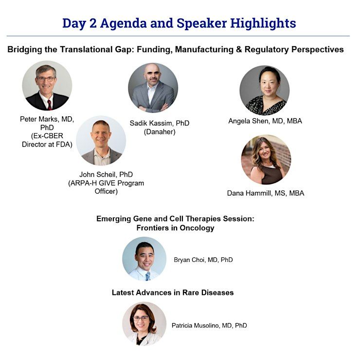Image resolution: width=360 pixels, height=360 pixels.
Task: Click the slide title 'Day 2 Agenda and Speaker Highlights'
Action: click(x=179, y=23)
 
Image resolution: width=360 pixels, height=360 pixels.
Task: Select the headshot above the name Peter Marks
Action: click(x=47, y=86)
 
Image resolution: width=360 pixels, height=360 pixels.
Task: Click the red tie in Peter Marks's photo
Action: click(x=50, y=105)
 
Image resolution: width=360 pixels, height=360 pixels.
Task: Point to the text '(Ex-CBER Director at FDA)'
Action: click(x=47, y=140)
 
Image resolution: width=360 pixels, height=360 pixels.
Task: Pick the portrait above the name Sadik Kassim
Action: click(x=153, y=88)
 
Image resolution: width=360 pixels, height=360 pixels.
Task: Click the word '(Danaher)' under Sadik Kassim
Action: click(x=160, y=132)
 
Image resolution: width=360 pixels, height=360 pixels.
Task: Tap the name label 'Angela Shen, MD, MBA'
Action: click(x=265, y=121)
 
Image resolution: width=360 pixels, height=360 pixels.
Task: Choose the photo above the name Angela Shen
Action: click(x=265, y=90)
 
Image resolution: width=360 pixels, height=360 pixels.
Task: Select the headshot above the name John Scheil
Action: click(x=101, y=141)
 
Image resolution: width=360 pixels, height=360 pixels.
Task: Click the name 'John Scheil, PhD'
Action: click(x=106, y=175)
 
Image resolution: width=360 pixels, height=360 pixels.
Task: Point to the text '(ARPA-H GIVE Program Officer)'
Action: click(x=106, y=187)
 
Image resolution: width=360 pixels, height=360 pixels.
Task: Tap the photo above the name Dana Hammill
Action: click(x=266, y=160)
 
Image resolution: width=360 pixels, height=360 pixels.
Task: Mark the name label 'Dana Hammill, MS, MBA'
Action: click(x=266, y=193)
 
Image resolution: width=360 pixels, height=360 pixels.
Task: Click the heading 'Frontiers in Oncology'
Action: click(x=176, y=228)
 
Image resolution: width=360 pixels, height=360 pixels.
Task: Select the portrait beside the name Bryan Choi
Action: click(x=144, y=259)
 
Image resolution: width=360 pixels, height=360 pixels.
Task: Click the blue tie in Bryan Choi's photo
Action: click(x=148, y=276)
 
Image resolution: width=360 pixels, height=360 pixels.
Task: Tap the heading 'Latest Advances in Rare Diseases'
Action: click(x=173, y=293)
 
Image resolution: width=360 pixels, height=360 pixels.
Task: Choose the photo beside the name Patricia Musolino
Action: click(x=144, y=324)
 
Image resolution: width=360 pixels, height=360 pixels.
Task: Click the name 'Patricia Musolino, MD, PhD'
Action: click(x=209, y=325)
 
